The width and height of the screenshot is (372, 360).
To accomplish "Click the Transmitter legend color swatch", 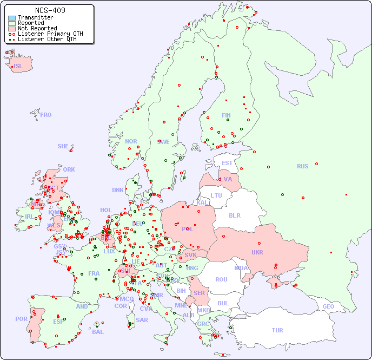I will click(x=12, y=17).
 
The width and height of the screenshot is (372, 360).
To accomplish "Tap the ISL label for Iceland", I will click(x=18, y=67).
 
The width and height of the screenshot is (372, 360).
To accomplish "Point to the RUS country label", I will click(x=302, y=167).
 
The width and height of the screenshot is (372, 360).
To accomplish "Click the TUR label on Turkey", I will click(x=277, y=330).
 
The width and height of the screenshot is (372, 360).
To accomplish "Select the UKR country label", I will click(x=257, y=253).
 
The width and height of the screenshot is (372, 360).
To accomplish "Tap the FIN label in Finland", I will click(x=226, y=115).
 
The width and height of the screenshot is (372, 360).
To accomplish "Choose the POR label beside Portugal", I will click(x=21, y=319).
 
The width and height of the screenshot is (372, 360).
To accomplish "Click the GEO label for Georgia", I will click(x=328, y=306).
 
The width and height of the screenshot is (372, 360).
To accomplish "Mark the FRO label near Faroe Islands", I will click(x=46, y=115).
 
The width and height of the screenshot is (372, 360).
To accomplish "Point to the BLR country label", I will click(x=235, y=215).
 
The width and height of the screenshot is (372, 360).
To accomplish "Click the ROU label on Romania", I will click(x=221, y=280).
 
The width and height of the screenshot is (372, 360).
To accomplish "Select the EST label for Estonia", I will click(x=227, y=163).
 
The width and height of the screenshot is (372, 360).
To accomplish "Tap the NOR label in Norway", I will click(x=131, y=142).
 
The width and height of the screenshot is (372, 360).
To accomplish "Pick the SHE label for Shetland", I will click(x=63, y=146).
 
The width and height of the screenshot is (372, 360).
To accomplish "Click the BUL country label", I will click(x=223, y=303).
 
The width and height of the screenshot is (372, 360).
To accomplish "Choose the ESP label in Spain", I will click(x=58, y=322).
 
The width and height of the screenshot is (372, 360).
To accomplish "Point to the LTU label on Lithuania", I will click(x=216, y=195).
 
